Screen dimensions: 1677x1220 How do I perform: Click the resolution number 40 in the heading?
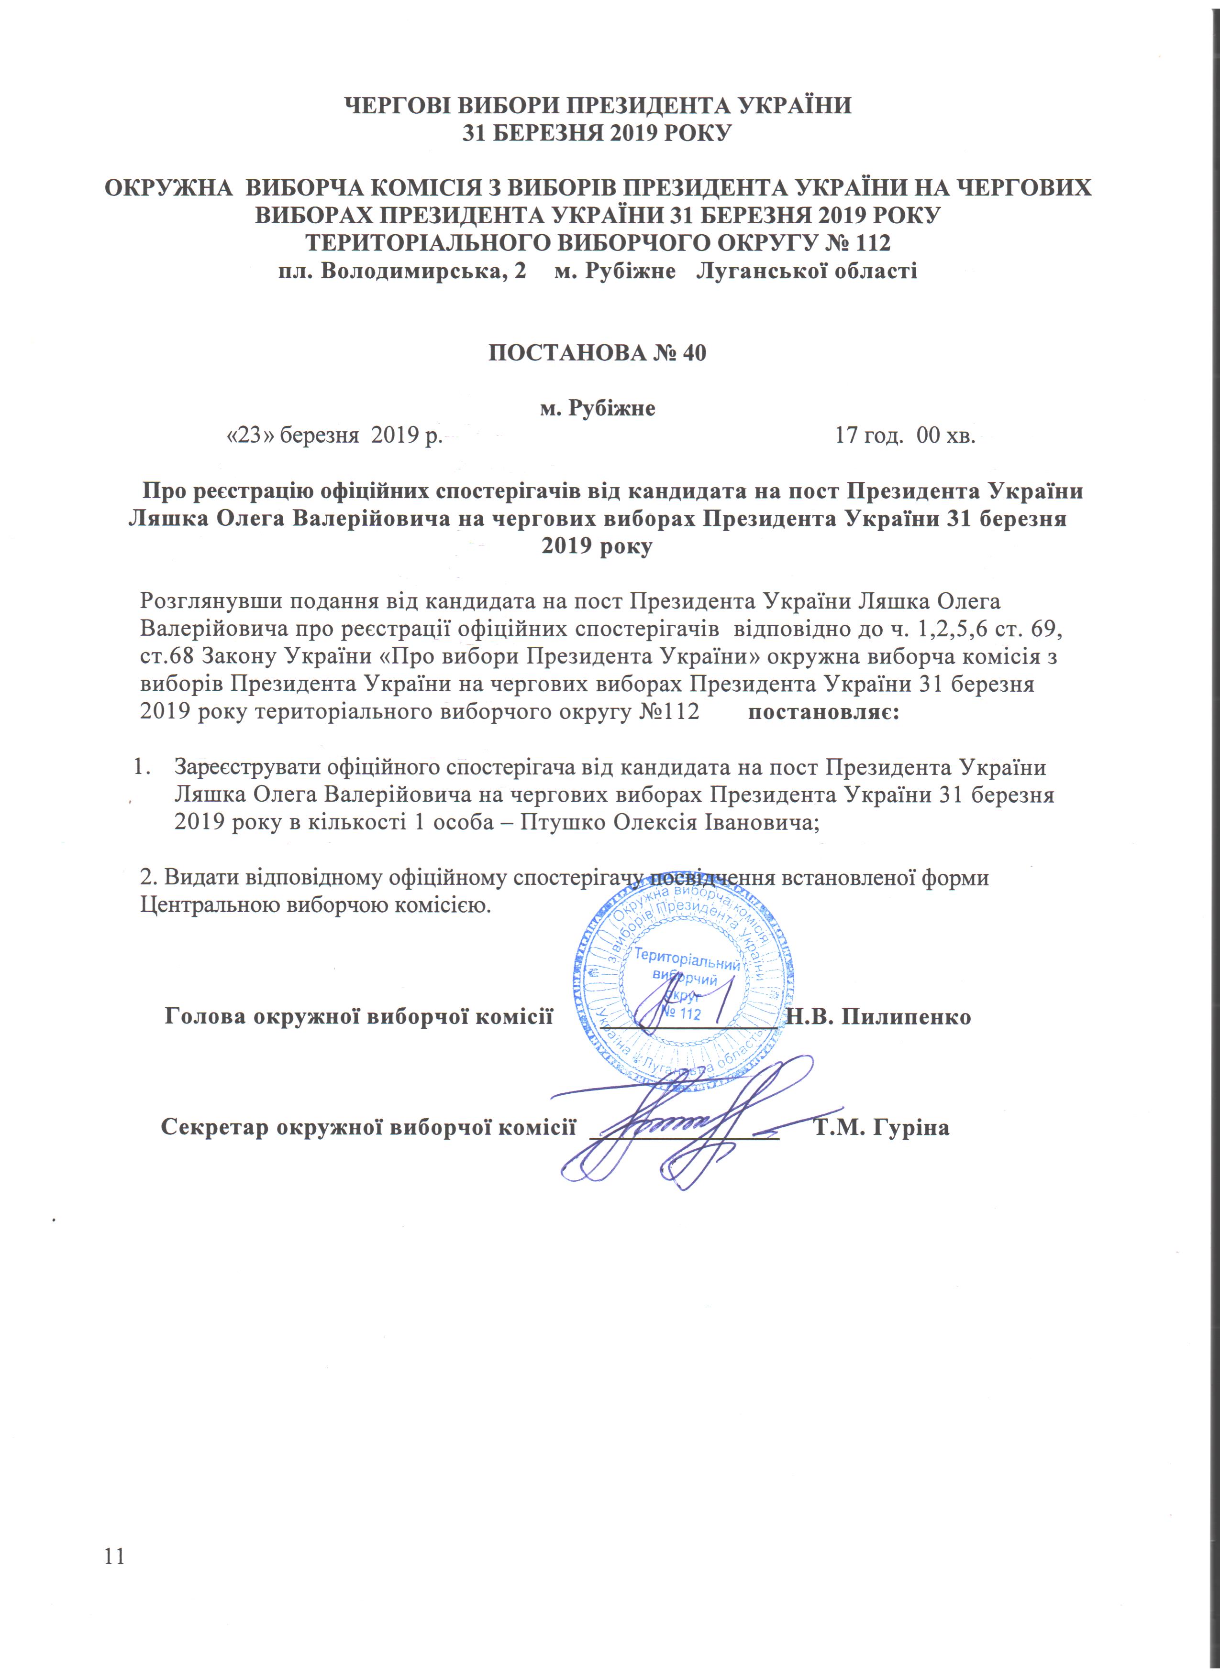click(693, 353)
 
